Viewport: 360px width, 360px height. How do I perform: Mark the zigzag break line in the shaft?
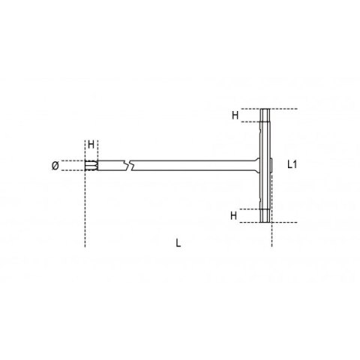[x=132, y=163]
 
